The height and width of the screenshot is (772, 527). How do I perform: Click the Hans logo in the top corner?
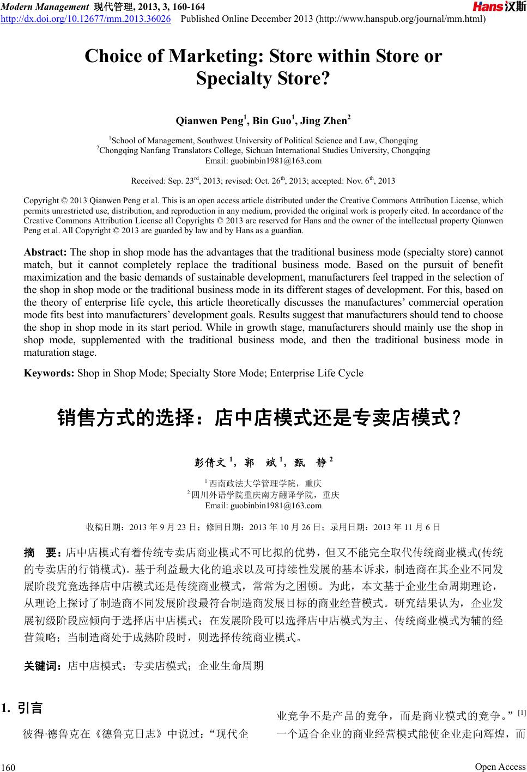499,7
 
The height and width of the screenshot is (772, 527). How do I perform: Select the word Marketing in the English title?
217,57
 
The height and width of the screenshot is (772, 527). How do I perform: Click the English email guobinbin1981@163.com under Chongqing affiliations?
263,161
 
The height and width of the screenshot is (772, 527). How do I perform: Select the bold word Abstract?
45,252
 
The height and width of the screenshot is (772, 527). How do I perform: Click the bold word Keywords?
49,373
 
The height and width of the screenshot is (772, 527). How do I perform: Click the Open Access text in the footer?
500,767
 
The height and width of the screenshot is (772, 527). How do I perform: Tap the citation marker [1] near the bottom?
521,713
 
